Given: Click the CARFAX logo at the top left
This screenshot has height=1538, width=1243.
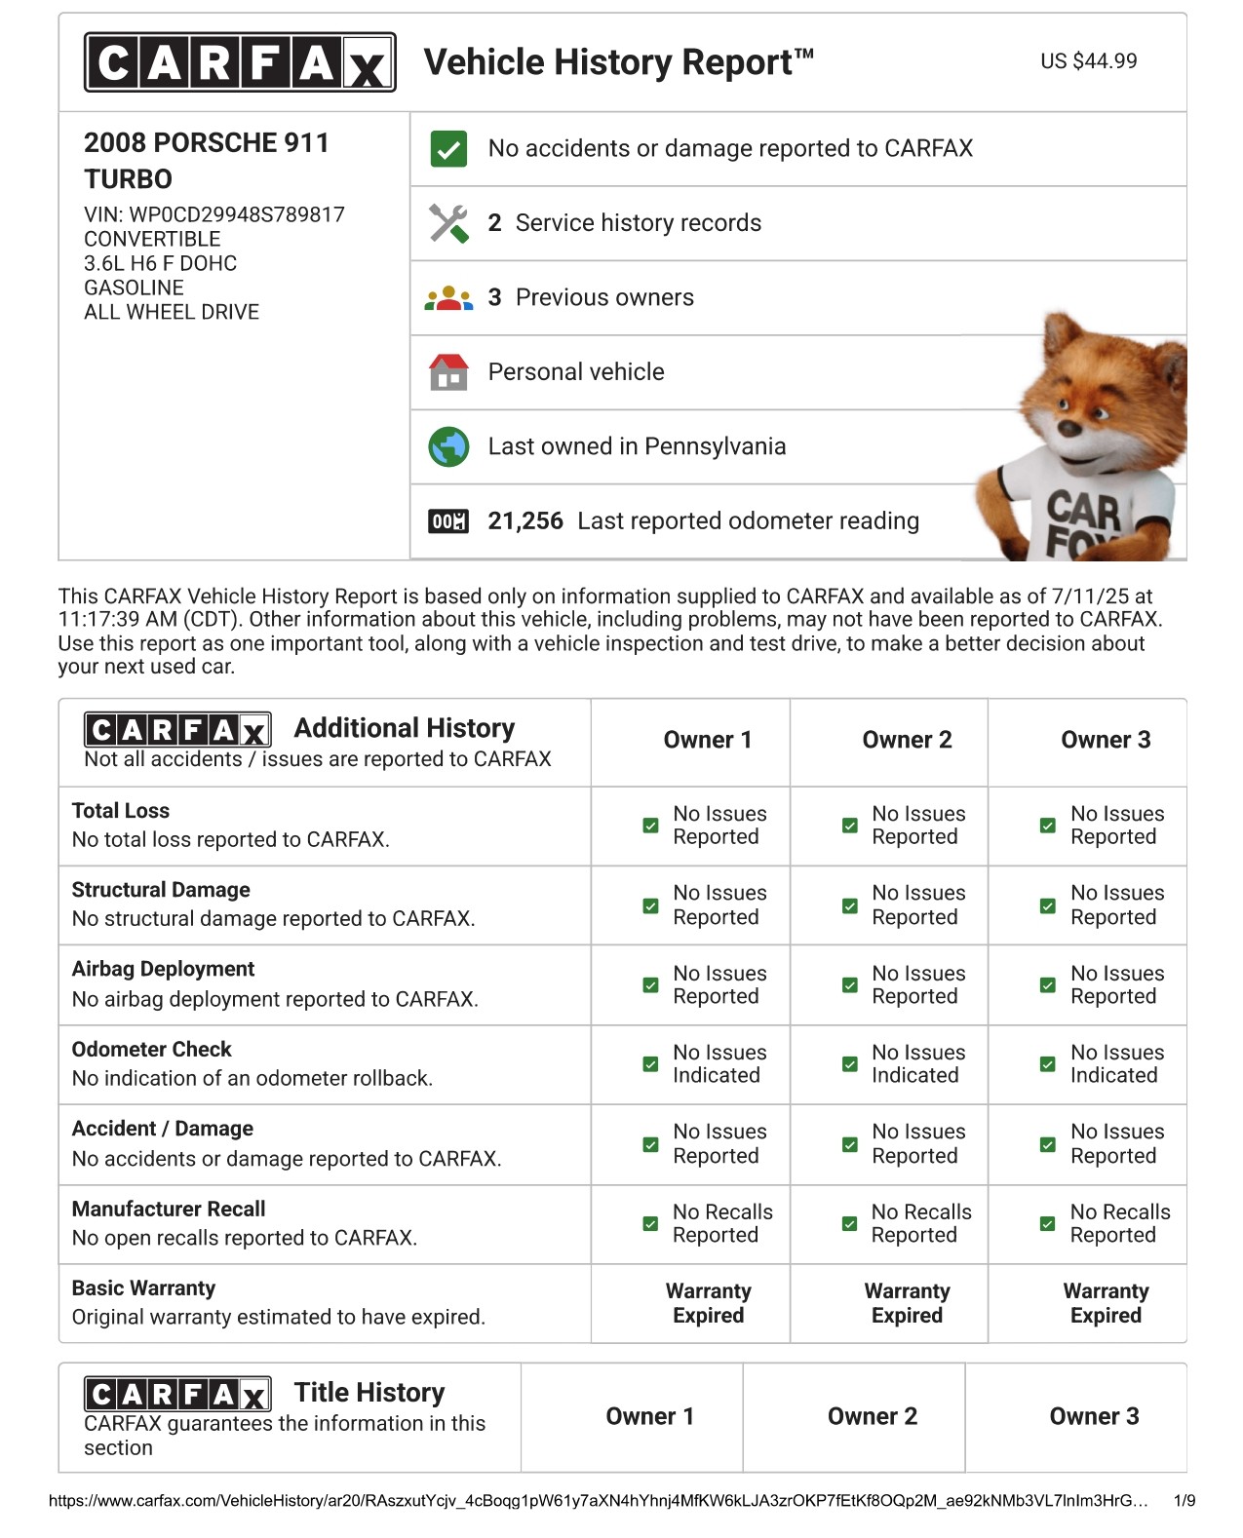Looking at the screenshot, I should pyautogui.click(x=240, y=62).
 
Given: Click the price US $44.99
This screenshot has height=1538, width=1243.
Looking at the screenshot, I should pyautogui.click(x=1088, y=61).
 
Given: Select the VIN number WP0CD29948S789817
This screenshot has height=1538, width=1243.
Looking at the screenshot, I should pyautogui.click(x=236, y=214).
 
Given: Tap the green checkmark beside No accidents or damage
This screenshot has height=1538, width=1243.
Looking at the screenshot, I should pyautogui.click(x=448, y=149).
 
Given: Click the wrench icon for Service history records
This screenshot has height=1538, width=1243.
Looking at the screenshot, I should pyautogui.click(x=448, y=223).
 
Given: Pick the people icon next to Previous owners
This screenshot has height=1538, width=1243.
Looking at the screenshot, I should pyautogui.click(x=448, y=297).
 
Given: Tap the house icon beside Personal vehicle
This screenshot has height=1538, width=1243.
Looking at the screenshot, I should pyautogui.click(x=448, y=372).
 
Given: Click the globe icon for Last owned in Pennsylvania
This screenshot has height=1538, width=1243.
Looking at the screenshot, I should pyautogui.click(x=448, y=446).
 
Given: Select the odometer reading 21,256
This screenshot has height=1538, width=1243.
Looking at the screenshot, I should pyautogui.click(x=525, y=521).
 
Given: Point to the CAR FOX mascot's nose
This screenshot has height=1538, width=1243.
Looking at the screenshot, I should pyautogui.click(x=1069, y=427).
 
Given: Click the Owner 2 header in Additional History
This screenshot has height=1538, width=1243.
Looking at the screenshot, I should pyautogui.click(x=907, y=740).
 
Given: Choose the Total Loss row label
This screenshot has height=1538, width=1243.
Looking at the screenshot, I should pyautogui.click(x=121, y=811).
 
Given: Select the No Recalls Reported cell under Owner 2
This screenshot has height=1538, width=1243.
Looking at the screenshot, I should pyautogui.click(x=907, y=1224).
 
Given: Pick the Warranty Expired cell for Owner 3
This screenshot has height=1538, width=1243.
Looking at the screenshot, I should pyautogui.click(x=1106, y=1303).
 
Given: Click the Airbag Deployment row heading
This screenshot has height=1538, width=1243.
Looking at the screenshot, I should pyautogui.click(x=163, y=969).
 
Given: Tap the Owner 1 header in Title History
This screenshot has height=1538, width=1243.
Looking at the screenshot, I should pyautogui.click(x=649, y=1416).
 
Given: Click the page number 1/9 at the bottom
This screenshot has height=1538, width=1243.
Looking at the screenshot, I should pyautogui.click(x=1184, y=1501).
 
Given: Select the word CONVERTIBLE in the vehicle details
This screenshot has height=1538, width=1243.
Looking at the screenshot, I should pyautogui.click(x=152, y=239).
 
